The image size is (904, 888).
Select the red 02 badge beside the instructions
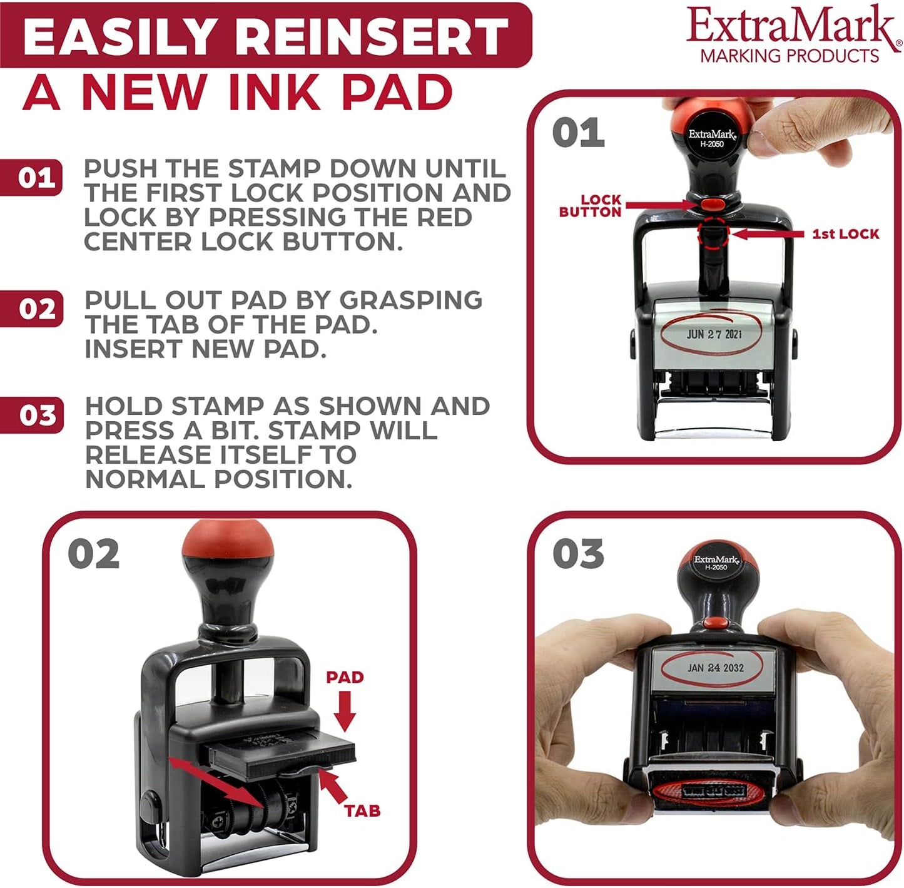(x=36, y=309)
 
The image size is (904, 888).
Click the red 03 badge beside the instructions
(x=36, y=416)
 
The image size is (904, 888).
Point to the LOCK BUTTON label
(x=591, y=206)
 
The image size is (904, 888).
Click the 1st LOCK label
(x=845, y=234)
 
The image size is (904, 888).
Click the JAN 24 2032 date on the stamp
(x=715, y=668)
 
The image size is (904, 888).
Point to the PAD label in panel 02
(x=345, y=677)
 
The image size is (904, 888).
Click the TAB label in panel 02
(x=362, y=811)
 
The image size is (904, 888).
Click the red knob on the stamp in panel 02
(x=228, y=541)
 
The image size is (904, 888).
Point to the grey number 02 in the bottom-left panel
(x=93, y=554)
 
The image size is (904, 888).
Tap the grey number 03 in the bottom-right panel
(x=578, y=554)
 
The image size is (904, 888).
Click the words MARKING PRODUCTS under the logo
(x=790, y=56)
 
